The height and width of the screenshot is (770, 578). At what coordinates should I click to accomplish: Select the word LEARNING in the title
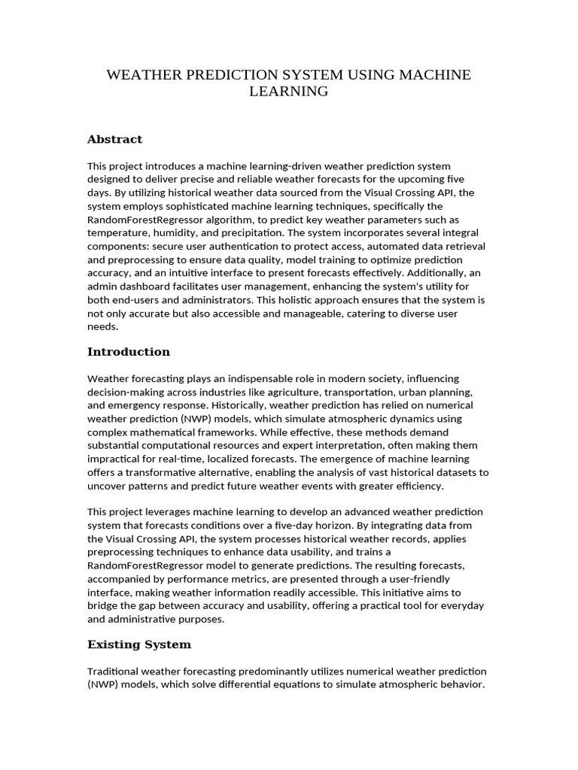click(x=289, y=91)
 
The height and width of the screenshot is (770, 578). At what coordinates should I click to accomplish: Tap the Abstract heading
click(x=114, y=139)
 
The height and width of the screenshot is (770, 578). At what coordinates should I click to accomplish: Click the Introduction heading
click(x=129, y=352)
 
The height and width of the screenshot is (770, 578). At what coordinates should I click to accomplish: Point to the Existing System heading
click(x=139, y=644)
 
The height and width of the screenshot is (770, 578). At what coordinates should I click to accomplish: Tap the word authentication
click(x=245, y=247)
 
